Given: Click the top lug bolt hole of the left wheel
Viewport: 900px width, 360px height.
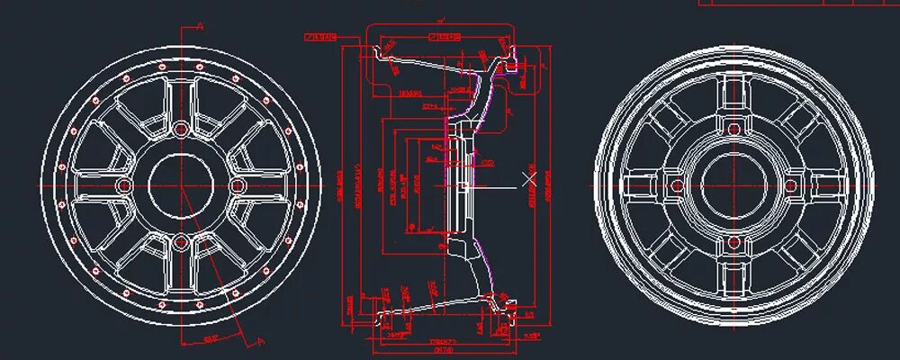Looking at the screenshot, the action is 181,129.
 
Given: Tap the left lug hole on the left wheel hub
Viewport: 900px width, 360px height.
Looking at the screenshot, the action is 124,185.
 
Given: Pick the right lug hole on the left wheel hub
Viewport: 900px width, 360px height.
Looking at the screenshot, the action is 238,185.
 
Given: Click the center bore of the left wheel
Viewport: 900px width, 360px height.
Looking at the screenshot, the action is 181,185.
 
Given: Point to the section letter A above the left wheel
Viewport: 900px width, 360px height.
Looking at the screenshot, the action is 200,27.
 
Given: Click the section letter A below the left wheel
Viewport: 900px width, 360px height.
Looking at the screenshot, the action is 260,341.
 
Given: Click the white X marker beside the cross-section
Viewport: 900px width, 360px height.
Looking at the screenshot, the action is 529,179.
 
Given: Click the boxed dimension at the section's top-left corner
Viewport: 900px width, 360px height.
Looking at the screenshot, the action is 320,37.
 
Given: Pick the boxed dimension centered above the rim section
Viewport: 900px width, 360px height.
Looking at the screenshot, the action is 445,37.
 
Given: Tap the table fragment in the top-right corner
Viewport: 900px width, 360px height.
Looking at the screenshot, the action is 801,3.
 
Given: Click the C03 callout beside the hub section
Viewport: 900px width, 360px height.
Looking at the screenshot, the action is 487,162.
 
